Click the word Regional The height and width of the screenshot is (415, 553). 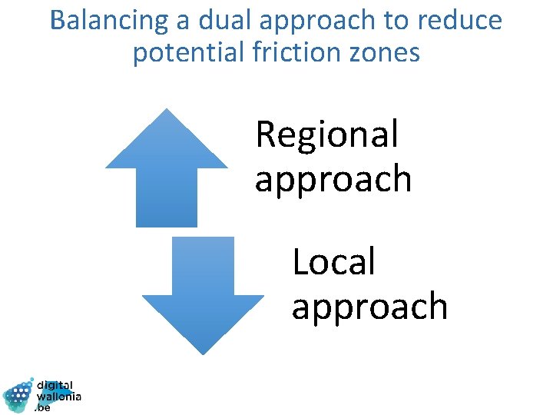click(x=327, y=135)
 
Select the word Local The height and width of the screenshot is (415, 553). click(x=333, y=262)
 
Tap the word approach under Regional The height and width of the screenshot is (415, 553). click(x=333, y=180)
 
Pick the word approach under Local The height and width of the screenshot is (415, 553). click(x=369, y=307)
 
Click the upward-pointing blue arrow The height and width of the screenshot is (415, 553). click(x=167, y=173)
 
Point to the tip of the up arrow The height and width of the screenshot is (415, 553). click(x=167, y=110)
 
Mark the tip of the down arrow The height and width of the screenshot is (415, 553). click(x=203, y=353)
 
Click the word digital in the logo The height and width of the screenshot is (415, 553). click(x=55, y=385)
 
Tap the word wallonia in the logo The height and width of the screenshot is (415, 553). click(x=59, y=397)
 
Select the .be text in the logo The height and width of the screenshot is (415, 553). click(x=43, y=408)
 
